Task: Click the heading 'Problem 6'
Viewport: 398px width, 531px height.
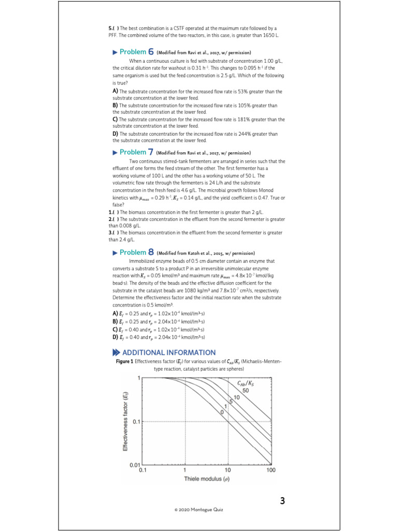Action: pos(133,52)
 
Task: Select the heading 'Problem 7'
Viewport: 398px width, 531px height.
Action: pos(133,152)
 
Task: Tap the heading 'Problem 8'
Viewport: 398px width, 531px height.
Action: pos(133,253)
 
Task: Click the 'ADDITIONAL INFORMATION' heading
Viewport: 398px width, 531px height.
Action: pos(168,353)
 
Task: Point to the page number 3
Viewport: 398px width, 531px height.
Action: pos(282,501)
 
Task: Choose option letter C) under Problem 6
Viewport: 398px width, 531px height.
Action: pos(115,119)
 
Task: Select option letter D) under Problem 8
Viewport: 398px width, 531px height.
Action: pos(115,337)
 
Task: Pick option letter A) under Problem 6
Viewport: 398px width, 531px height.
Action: pos(115,91)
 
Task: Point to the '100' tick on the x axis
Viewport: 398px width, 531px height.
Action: pos(271,470)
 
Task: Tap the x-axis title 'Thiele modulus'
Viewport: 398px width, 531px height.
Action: pos(206,479)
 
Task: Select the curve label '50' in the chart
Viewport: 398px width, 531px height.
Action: pos(246,391)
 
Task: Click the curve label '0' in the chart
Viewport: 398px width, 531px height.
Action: pos(222,411)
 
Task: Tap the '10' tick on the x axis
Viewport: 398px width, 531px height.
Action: pos(228,470)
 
